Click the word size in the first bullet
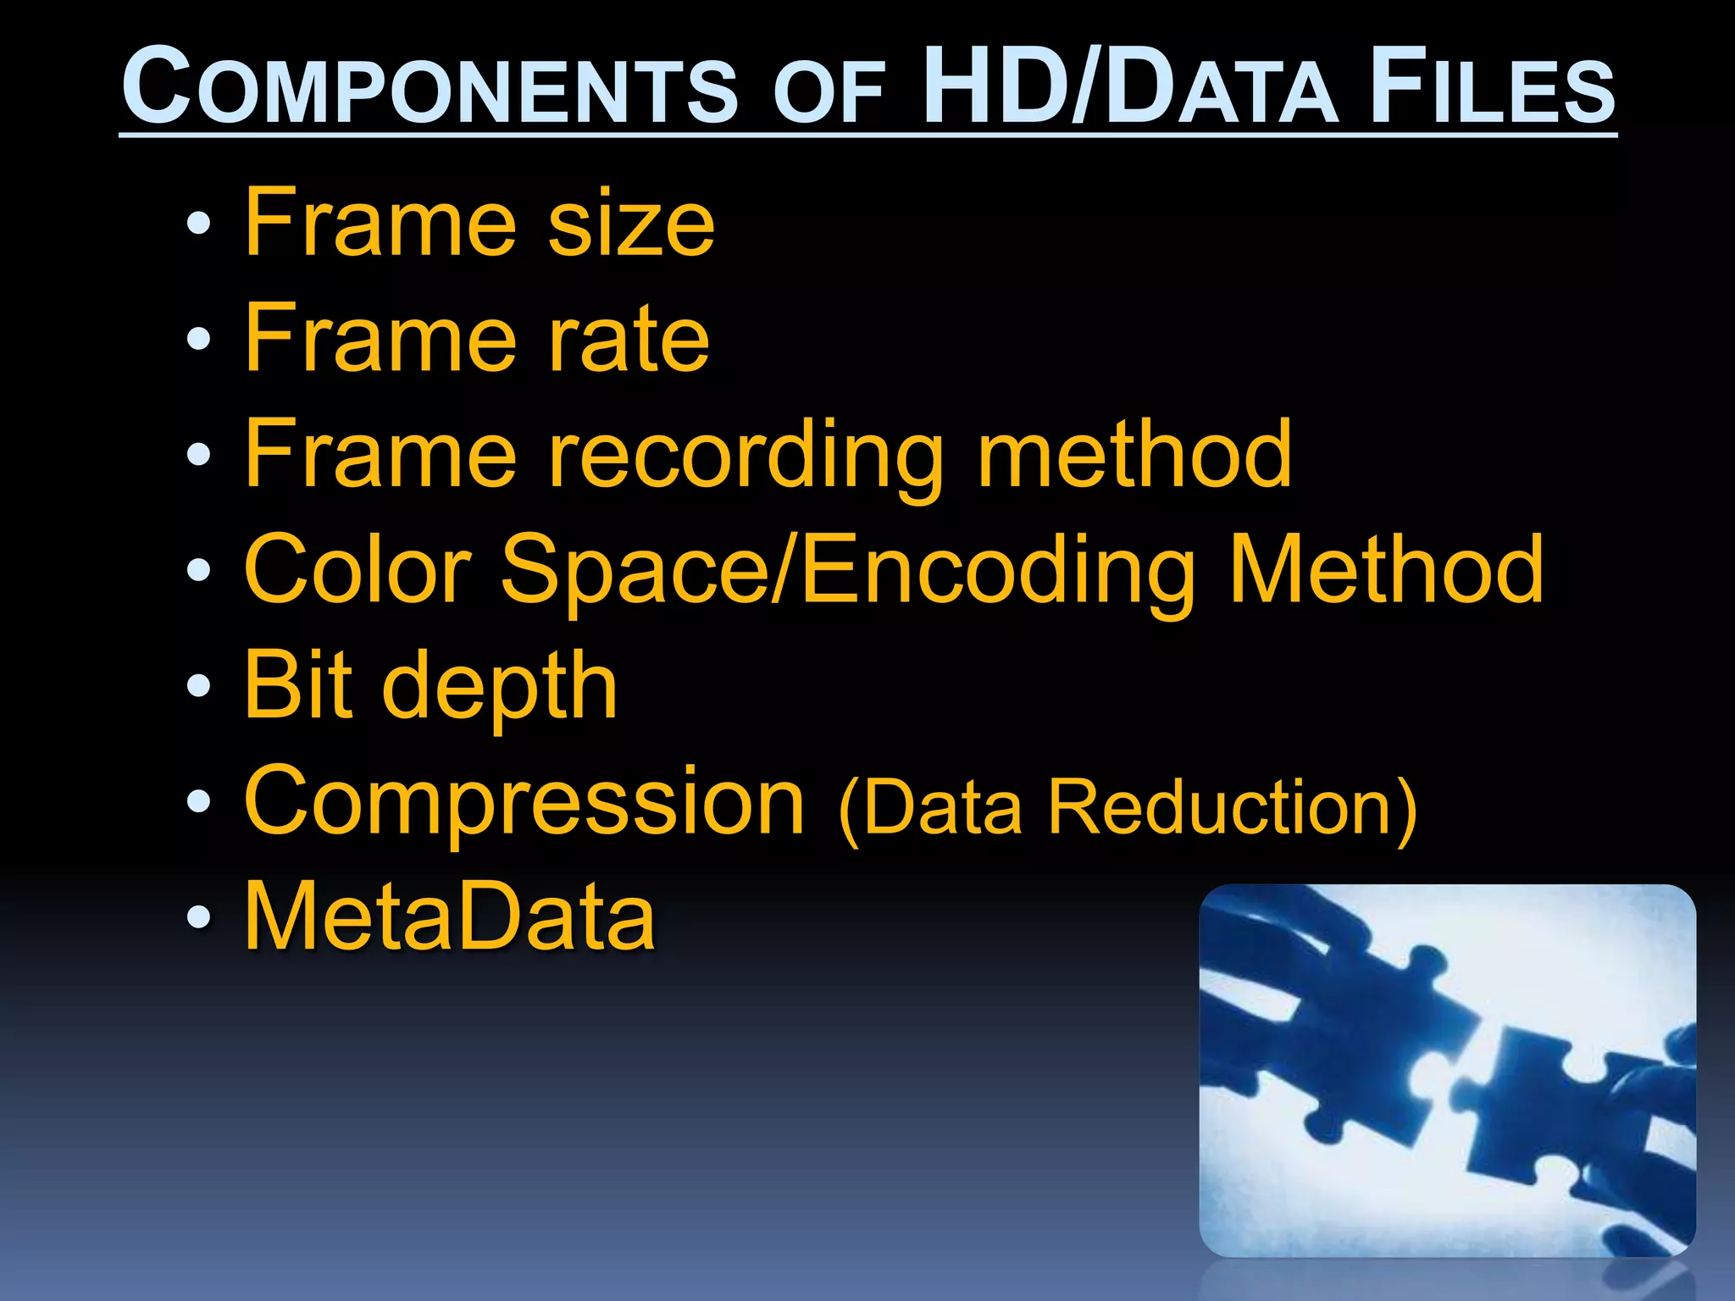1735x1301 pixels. [631, 224]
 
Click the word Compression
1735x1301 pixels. [524, 803]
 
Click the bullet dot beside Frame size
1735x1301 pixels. [198, 224]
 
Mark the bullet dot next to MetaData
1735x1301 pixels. [198, 917]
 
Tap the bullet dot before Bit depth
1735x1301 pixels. [198, 686]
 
